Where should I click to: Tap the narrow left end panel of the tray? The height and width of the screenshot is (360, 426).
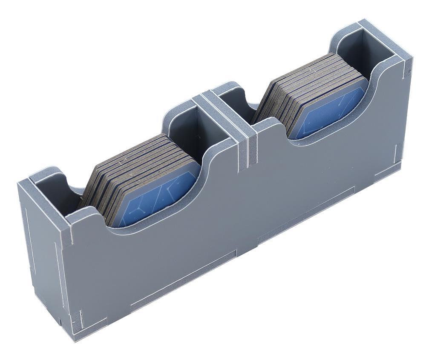click(43, 255)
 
